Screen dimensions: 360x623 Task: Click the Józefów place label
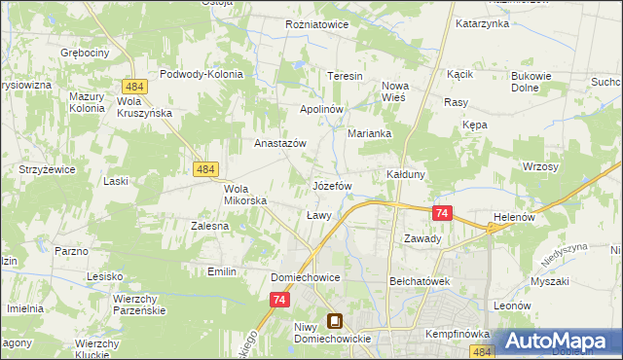(331, 185)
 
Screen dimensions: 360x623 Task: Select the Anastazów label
(280, 142)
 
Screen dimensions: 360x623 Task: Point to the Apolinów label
(321, 109)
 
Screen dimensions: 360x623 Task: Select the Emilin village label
(222, 271)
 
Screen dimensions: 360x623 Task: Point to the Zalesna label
(209, 226)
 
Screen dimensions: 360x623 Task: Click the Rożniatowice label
(316, 24)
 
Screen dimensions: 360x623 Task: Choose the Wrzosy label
(540, 167)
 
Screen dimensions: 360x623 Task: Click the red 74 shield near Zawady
(443, 213)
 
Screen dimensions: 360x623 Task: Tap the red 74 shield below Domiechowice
(280, 302)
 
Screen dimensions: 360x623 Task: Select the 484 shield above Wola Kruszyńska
(135, 87)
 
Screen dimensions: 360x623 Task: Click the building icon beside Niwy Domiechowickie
(335, 320)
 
